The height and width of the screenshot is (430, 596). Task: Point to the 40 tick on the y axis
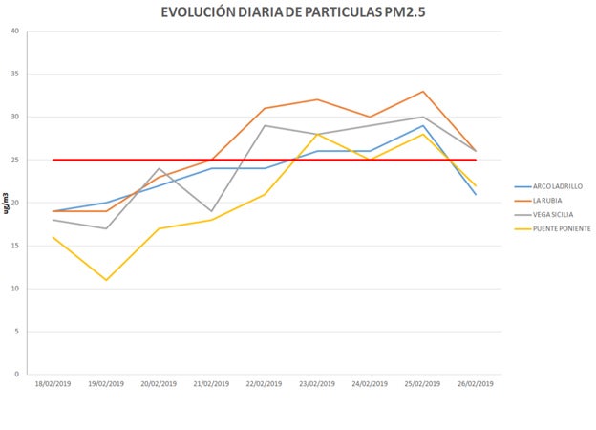(x=14, y=32)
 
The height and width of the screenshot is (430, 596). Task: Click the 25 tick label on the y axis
(x=14, y=161)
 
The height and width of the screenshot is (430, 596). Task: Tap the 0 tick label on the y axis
(x=17, y=375)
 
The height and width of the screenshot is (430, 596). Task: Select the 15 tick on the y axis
(x=14, y=246)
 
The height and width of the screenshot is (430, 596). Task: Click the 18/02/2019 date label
(x=53, y=384)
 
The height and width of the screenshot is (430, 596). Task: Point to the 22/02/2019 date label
(x=264, y=384)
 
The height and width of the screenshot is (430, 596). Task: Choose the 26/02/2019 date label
(x=475, y=384)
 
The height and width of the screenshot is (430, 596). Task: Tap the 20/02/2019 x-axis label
(x=159, y=384)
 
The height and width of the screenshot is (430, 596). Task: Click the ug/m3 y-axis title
(x=7, y=203)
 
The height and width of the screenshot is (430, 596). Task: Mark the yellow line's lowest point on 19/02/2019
(x=106, y=280)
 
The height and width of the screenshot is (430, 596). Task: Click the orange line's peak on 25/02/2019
(x=422, y=92)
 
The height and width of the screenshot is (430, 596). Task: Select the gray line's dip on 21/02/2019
(x=211, y=211)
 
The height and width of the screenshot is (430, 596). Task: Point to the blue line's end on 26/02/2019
(x=475, y=194)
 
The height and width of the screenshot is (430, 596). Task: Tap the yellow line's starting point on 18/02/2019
(x=53, y=237)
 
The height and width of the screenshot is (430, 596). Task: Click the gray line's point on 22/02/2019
(x=264, y=125)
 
